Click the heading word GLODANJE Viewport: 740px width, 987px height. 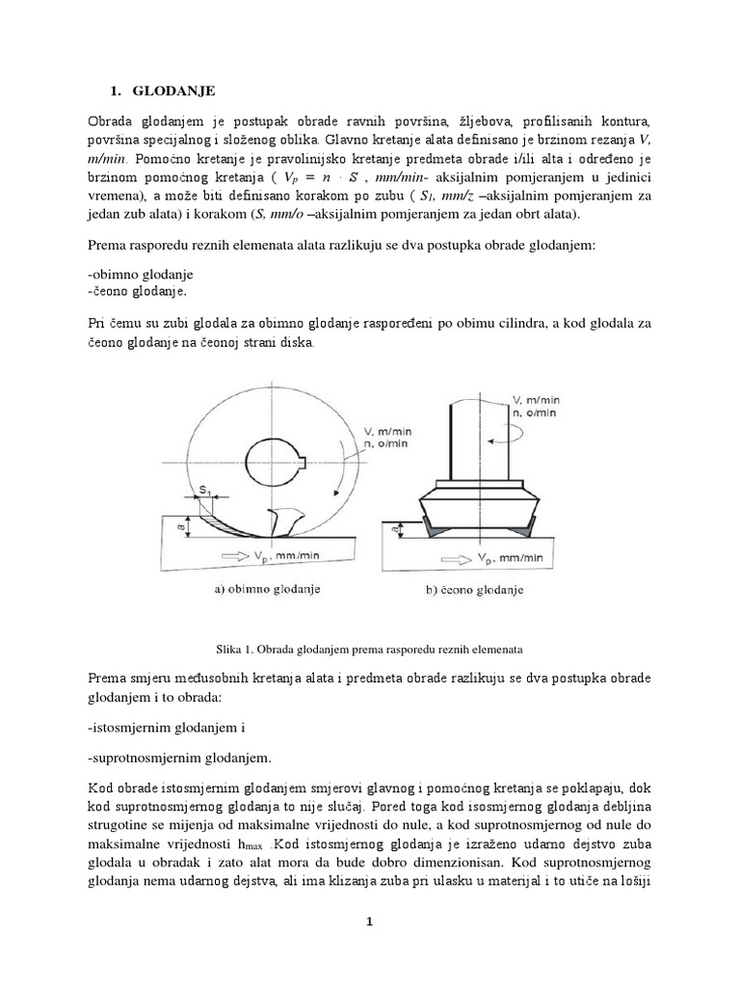click(x=174, y=91)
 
